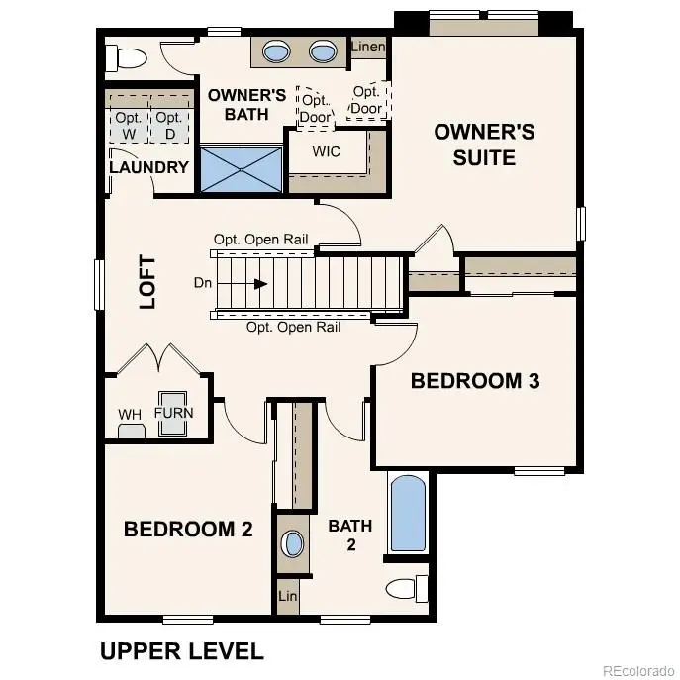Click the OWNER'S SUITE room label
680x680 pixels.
tap(484, 145)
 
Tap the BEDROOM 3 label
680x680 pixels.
tap(475, 381)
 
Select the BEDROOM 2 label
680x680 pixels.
tap(188, 530)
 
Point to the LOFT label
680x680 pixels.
tap(147, 283)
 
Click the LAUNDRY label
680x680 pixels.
tap(148, 167)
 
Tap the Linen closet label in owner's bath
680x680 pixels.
tap(368, 47)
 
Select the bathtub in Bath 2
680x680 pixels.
tap(408, 515)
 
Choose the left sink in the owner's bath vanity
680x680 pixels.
tap(277, 51)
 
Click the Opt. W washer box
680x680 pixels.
tap(127, 126)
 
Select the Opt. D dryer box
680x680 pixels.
tap(167, 126)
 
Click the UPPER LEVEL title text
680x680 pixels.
tap(181, 651)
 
